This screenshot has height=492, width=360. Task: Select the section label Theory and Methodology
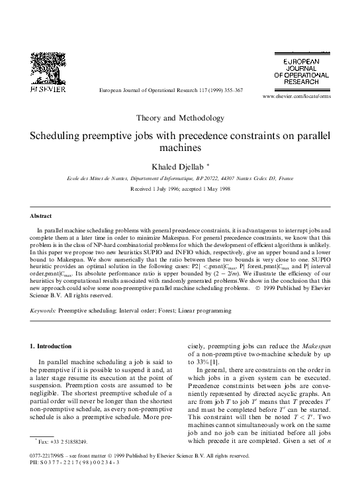point(180,118)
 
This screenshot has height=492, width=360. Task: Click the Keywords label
point(45,309)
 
